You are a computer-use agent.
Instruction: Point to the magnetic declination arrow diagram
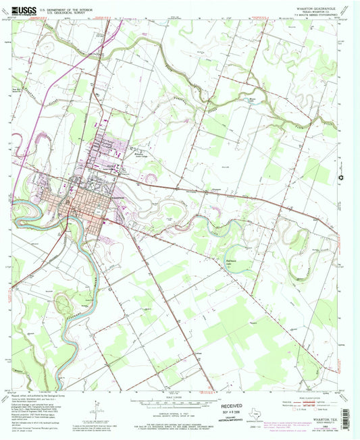pos(99,409)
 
